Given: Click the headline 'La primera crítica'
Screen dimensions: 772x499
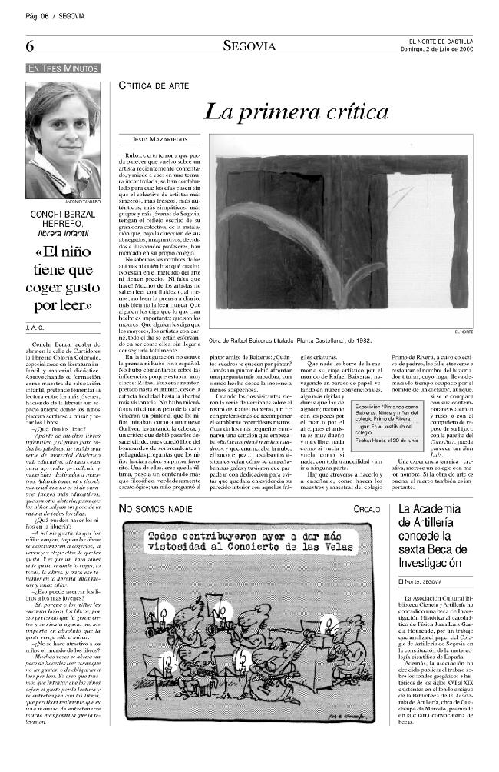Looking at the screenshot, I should point(296,112).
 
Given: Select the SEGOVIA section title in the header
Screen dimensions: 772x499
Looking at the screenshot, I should point(249,46).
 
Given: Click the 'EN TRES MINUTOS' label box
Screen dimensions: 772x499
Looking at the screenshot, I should point(63,68).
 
